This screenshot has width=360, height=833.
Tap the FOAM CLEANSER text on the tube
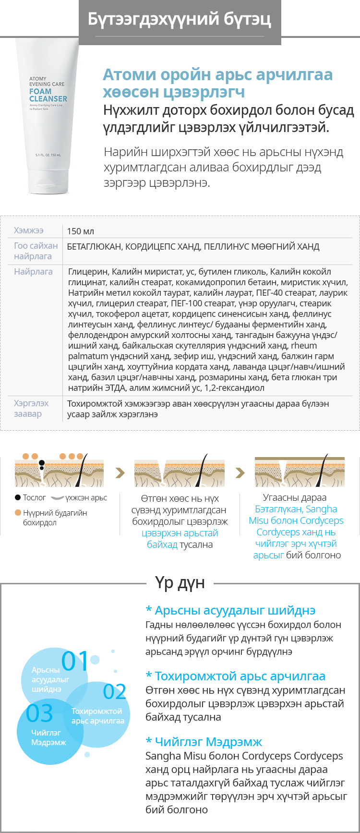tap(48, 95)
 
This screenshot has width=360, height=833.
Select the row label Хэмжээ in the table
tap(29, 231)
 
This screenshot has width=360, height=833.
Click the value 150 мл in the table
tap(81, 231)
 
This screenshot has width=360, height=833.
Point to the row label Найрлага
tap(33, 272)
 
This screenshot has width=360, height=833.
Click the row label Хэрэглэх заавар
tap(31, 409)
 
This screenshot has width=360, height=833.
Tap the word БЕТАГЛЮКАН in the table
tap(94, 247)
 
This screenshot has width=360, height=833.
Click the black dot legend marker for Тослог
tap(18, 498)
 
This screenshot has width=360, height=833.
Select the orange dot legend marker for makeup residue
tap(18, 513)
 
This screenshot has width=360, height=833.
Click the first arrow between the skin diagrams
tap(120, 473)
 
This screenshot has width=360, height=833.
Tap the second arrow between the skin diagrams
tap(240, 473)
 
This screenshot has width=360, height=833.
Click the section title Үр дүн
tap(180, 583)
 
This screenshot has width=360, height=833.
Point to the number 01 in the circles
tap(75, 662)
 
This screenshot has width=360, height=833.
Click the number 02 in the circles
tap(115, 692)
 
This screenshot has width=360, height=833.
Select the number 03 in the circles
tap(39, 713)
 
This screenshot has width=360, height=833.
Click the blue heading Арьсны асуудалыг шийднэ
tap(230, 611)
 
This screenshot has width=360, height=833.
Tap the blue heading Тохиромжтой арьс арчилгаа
tap(235, 676)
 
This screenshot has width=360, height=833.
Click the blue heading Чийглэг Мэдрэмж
tap(204, 742)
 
